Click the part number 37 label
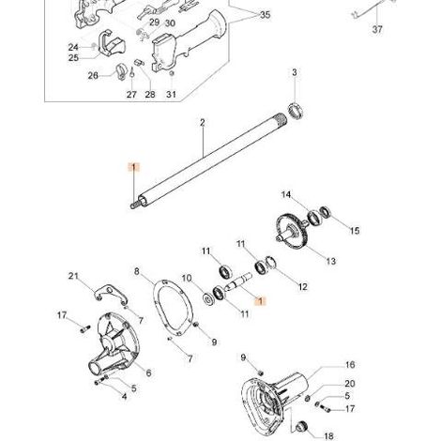[x=377, y=29]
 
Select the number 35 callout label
[x=265, y=14]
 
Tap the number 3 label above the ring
[x=295, y=72]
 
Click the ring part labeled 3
[x=296, y=111]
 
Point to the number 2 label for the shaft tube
[x=203, y=123]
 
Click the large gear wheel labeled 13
[x=290, y=231]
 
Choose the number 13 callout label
[x=330, y=261]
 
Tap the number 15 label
[x=355, y=231]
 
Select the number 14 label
[x=286, y=195]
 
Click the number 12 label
[x=303, y=286]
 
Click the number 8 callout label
[x=137, y=271]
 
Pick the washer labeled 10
[x=207, y=298]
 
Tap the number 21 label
[x=73, y=276]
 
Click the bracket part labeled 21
[x=110, y=294]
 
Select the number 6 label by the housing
[x=148, y=373]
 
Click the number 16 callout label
[x=350, y=365]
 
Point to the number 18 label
[x=328, y=436]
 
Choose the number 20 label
[x=350, y=384]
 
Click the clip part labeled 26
[x=121, y=71]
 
